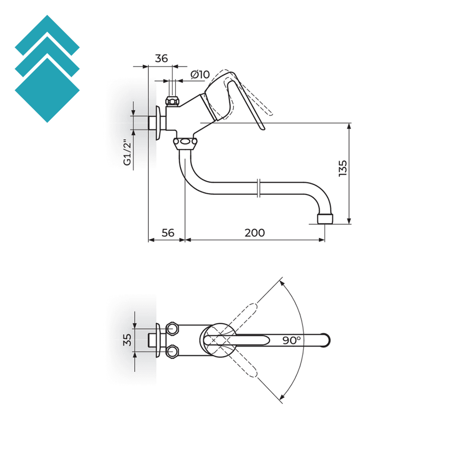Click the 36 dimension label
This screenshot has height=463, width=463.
point(161,58)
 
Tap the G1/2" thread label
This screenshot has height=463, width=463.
point(128,154)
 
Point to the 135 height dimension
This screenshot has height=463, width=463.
point(342,168)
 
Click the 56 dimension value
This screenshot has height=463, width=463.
point(168,233)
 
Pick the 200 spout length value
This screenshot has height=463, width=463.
point(255,233)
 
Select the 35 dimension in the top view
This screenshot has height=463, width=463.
point(128,339)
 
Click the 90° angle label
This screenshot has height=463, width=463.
point(292,340)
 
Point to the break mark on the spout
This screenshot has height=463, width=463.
point(258,188)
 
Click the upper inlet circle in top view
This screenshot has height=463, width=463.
point(172,329)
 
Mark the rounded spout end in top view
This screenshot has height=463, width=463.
point(326,340)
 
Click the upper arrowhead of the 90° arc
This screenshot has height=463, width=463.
point(282,283)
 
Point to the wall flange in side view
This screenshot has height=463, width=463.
point(158,123)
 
